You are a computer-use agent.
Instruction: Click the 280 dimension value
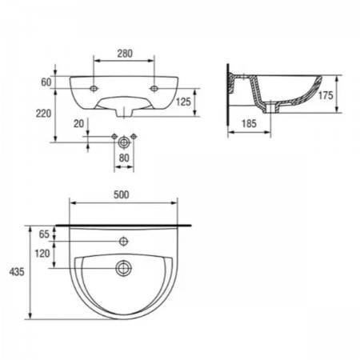click(x=125, y=54)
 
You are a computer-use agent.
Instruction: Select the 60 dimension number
click(x=46, y=82)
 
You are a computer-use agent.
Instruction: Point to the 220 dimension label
click(x=43, y=114)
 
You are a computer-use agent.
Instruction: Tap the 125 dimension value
click(x=183, y=102)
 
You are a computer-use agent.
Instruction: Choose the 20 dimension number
click(x=78, y=123)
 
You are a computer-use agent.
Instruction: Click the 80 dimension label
click(x=124, y=158)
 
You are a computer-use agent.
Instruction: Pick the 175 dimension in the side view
click(x=326, y=95)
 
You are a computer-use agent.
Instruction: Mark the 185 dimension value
click(x=249, y=123)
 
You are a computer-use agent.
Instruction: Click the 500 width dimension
click(x=122, y=194)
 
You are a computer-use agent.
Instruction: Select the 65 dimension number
click(x=44, y=234)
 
